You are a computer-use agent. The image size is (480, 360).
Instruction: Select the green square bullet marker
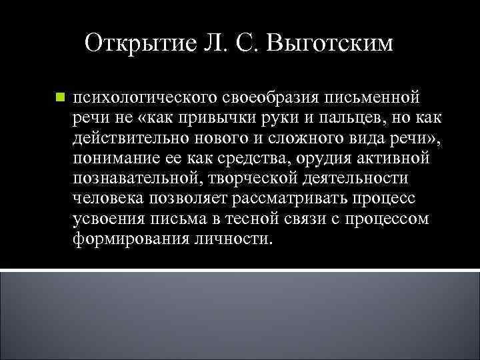tap(59, 98)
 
